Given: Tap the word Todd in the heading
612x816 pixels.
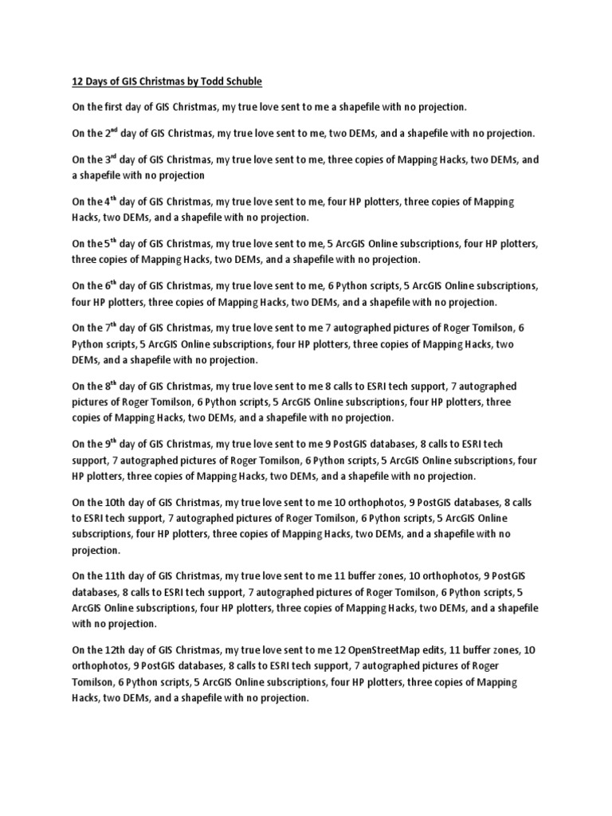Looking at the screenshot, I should pyautogui.click(x=210, y=80).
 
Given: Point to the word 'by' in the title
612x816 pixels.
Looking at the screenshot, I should pyautogui.click(x=188, y=80).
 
